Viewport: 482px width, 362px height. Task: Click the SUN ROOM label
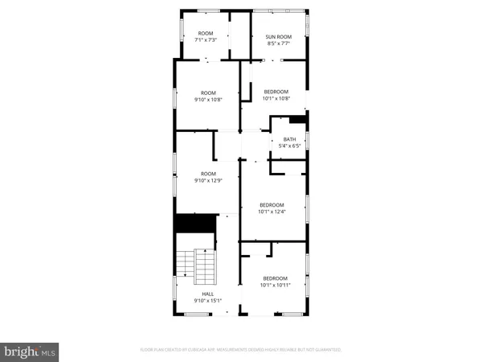(x=277, y=37)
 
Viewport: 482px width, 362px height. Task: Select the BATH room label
(x=289, y=139)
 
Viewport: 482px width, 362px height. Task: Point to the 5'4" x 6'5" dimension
(x=289, y=146)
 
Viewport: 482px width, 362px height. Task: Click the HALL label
(x=207, y=294)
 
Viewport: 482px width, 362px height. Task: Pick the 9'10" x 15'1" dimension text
(x=207, y=301)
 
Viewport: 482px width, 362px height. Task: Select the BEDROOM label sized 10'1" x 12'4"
(x=272, y=205)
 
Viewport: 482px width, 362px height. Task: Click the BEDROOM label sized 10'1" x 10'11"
(x=274, y=278)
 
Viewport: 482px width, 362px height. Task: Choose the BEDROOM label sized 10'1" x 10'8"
(x=276, y=92)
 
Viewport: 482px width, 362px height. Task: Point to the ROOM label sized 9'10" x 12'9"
(x=208, y=174)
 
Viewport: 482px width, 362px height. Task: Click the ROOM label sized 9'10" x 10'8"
(x=208, y=93)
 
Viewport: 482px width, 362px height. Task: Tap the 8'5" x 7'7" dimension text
(x=277, y=43)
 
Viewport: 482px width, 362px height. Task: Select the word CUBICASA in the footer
(x=198, y=350)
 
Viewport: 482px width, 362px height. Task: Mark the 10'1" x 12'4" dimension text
(x=272, y=212)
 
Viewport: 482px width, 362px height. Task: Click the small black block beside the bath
(x=299, y=121)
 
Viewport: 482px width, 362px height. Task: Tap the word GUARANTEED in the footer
(x=327, y=350)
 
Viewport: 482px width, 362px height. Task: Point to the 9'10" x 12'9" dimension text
(x=208, y=180)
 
